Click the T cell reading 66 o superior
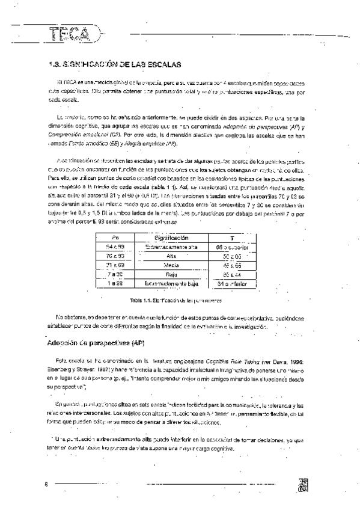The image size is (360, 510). (231, 247)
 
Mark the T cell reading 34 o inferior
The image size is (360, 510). (231, 283)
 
